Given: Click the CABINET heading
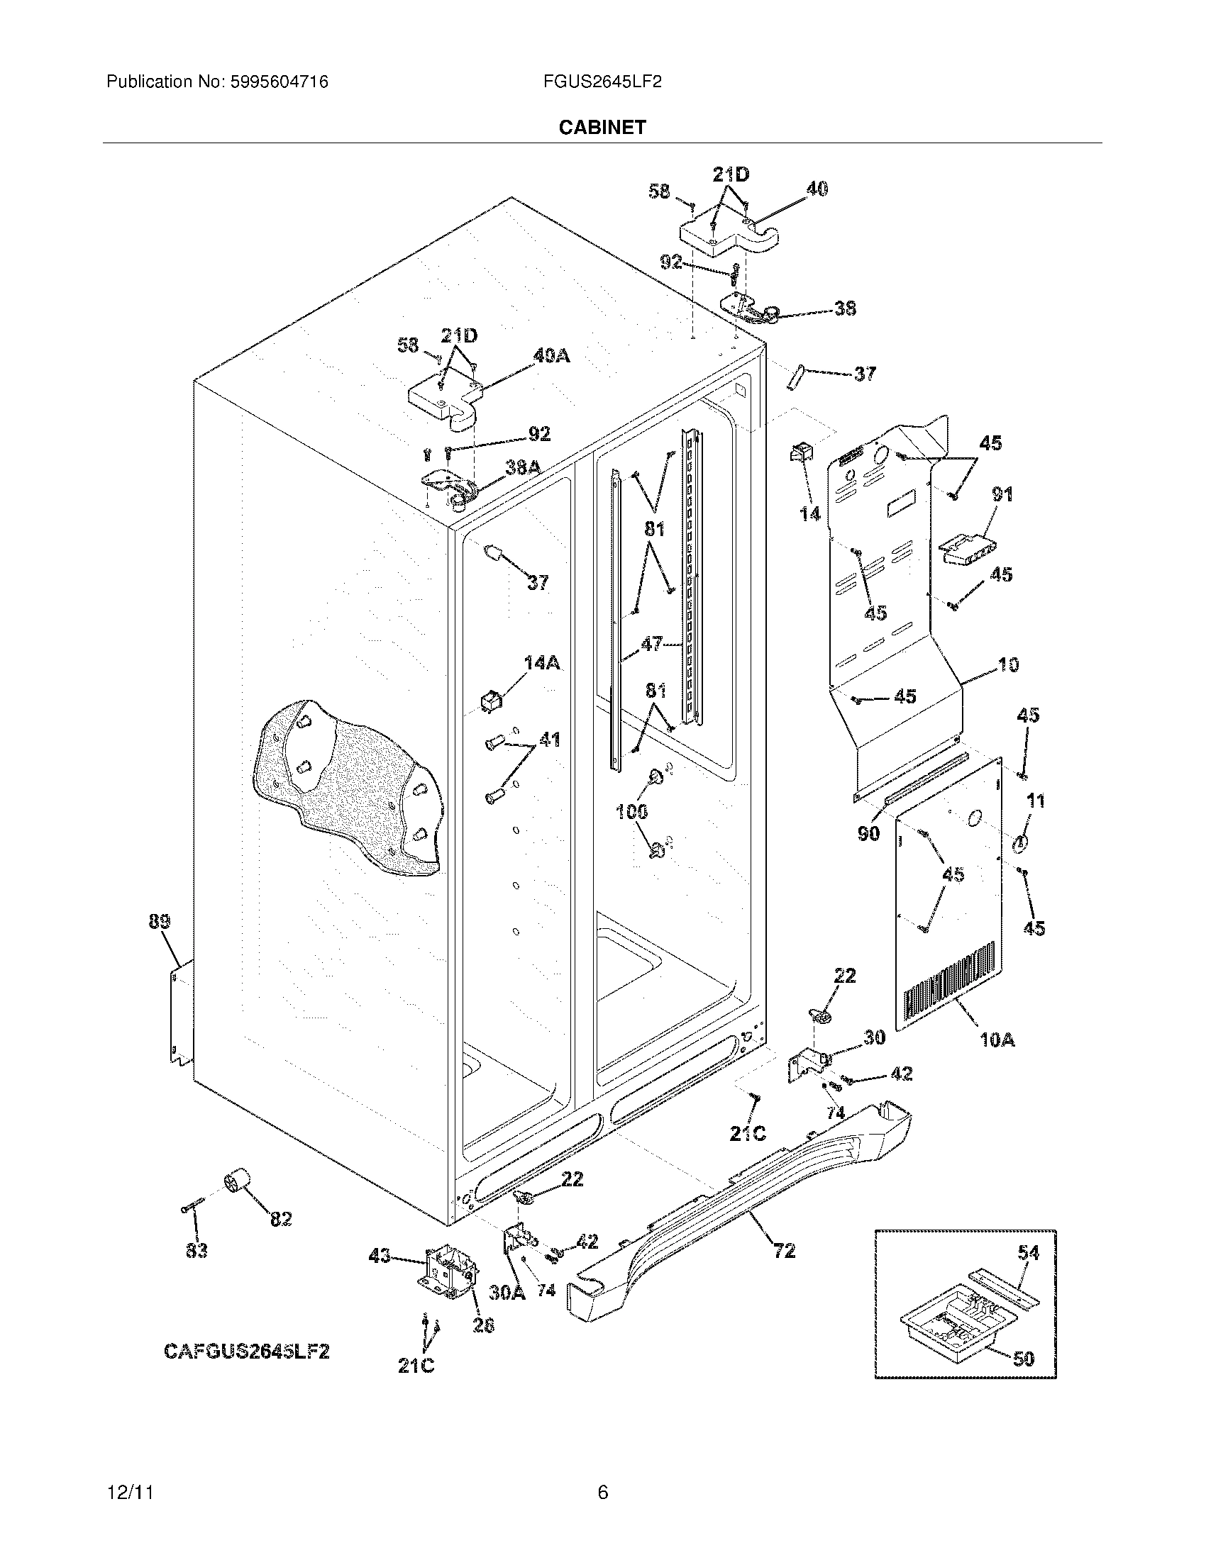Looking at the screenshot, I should click(602, 127).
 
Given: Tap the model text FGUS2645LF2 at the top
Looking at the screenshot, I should click(602, 82).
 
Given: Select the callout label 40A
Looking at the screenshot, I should click(551, 355).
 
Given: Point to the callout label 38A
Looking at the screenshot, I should click(523, 467).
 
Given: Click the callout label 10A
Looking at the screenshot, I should click(997, 1041).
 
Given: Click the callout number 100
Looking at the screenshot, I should click(631, 810).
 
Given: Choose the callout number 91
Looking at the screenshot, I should click(1002, 494).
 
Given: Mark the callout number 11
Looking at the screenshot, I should click(1035, 801).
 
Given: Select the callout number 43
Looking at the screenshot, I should click(380, 1255).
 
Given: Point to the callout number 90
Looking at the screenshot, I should click(868, 832).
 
